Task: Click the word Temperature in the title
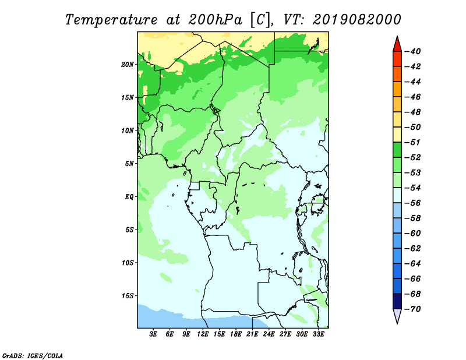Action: click(x=111, y=20)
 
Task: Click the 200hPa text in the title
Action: click(x=215, y=20)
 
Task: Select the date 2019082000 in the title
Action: click(x=357, y=20)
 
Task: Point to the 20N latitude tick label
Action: click(x=128, y=65)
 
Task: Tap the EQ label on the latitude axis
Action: click(x=129, y=197)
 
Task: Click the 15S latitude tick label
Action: click(x=128, y=296)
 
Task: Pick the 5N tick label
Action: click(x=129, y=164)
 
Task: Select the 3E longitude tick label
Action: click(x=153, y=334)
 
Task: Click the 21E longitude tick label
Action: click(x=252, y=334)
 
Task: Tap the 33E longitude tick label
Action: click(x=318, y=334)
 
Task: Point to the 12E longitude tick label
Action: click(x=203, y=334)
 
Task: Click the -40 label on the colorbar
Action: click(x=413, y=51)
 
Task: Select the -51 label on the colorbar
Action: click(x=413, y=142)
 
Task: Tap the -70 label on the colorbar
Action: click(x=413, y=309)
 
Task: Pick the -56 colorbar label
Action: click(x=413, y=203)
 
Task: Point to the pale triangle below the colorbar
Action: click(x=397, y=315)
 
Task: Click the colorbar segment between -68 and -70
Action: click(x=397, y=301)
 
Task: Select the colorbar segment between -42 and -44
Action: click(x=397, y=74)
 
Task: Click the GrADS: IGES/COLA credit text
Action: click(x=33, y=356)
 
